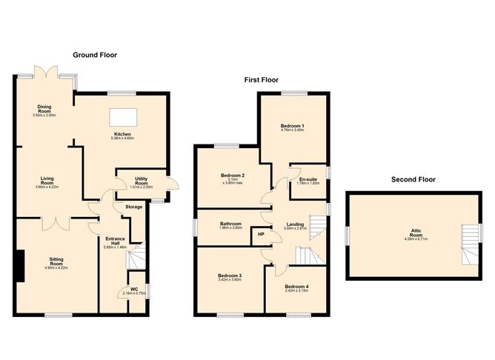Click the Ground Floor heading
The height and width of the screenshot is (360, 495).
(97, 55)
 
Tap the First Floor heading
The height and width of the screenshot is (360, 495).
(265, 79)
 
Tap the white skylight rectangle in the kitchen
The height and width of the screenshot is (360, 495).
(121, 117)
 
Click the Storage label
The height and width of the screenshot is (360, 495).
(133, 207)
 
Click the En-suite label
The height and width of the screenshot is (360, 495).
(308, 179)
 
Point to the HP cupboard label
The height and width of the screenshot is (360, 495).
(260, 235)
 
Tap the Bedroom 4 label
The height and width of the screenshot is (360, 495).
(297, 288)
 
